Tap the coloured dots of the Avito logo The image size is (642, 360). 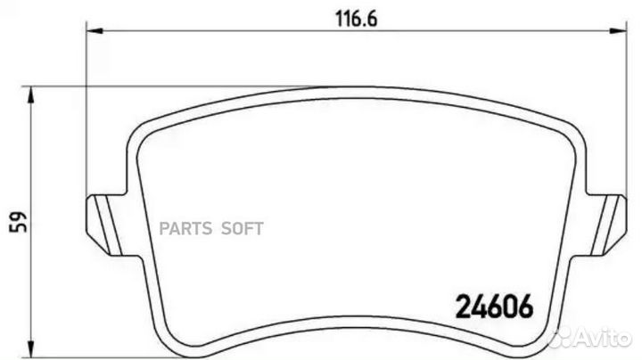point(562,339)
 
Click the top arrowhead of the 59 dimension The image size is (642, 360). point(31,92)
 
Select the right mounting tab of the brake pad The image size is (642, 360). point(610,217)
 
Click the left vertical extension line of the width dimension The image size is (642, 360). point(86,116)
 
